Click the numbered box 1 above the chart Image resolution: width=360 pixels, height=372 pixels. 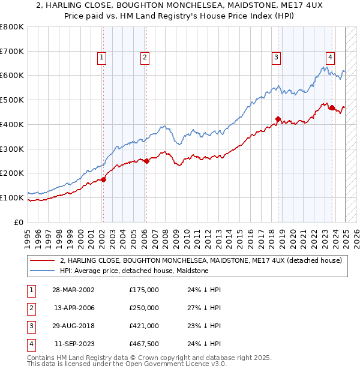tap(102, 58)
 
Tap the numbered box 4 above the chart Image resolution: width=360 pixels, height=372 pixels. tap(331, 58)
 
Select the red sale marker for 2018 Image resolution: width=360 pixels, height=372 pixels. tap(278, 119)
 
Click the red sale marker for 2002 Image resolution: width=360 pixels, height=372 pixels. tap(103, 179)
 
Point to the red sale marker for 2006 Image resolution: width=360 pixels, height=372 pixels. tap(146, 161)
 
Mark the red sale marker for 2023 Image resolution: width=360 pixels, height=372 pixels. tap(332, 107)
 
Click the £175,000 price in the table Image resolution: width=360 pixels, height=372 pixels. tap(144, 290)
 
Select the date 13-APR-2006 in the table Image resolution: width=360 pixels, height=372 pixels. tap(74, 308)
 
